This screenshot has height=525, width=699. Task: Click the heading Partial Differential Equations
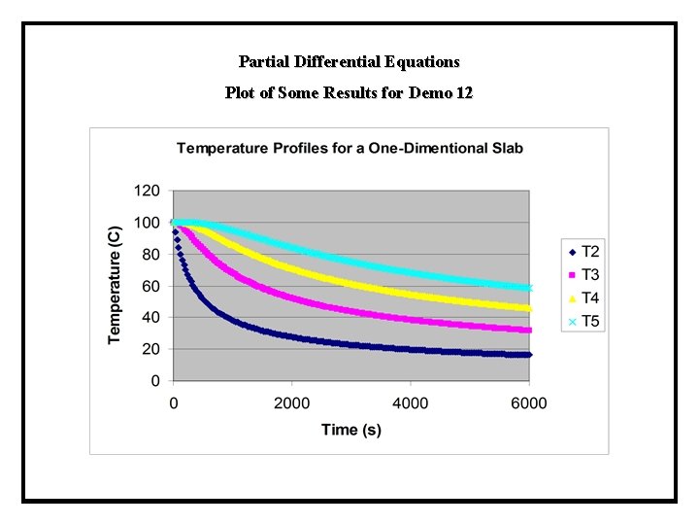pyautogui.click(x=349, y=62)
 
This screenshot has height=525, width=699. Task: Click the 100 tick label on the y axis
pyautogui.click(x=147, y=223)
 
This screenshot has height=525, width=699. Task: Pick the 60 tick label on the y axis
pyautogui.click(x=150, y=286)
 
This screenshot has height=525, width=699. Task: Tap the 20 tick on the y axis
pyautogui.click(x=150, y=349)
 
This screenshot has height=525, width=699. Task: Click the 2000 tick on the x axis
pyautogui.click(x=291, y=402)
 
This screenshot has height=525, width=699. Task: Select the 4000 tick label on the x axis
pyautogui.click(x=410, y=402)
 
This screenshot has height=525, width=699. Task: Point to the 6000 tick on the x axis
pyautogui.click(x=529, y=402)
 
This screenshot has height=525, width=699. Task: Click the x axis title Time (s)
pyautogui.click(x=350, y=430)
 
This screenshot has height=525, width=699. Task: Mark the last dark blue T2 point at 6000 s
pyautogui.click(x=529, y=355)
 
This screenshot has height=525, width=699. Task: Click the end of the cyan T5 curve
pyautogui.click(x=529, y=288)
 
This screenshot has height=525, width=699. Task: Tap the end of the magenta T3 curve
pyautogui.click(x=529, y=331)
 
